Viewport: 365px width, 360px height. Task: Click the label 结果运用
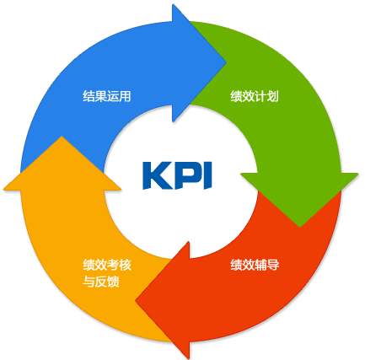click(x=107, y=96)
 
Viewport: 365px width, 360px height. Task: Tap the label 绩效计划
click(x=255, y=96)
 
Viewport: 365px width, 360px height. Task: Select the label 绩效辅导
click(x=255, y=265)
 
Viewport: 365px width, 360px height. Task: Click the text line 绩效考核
click(x=107, y=265)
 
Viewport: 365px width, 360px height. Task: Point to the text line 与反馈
click(x=101, y=282)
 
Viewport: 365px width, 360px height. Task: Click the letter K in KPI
click(x=158, y=175)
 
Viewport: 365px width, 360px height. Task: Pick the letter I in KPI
click(x=207, y=175)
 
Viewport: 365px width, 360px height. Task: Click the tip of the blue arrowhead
click(x=227, y=62)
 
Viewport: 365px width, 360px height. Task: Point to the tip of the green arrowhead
click(x=300, y=227)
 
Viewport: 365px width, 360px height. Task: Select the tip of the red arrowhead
click(x=136, y=300)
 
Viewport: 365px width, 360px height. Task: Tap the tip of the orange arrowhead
click(x=62, y=137)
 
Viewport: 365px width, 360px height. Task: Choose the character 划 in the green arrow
click(x=273, y=96)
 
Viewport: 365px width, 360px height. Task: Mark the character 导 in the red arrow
click(x=273, y=265)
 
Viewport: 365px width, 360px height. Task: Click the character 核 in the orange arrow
click(x=126, y=265)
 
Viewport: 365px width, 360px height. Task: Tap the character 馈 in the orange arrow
click(x=113, y=282)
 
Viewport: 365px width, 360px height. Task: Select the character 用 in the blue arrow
click(x=126, y=96)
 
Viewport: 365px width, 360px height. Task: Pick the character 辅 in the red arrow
click(x=260, y=265)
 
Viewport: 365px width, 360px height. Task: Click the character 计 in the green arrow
click(x=260, y=96)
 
